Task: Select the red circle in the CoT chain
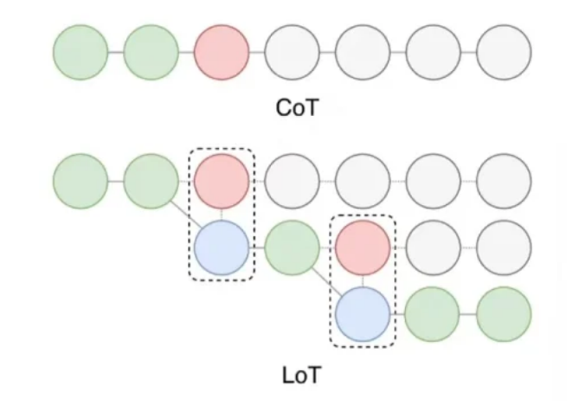[222, 52]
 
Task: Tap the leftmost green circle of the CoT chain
[80, 52]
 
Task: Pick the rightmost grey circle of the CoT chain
[504, 52]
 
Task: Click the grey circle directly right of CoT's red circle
[292, 52]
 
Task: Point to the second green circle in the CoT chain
[151, 52]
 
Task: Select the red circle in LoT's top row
[222, 181]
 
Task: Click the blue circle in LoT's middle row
[222, 247]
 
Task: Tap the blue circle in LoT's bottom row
[363, 313]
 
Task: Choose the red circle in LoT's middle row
[363, 247]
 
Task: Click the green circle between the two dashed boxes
[292, 247]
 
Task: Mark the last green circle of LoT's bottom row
[504, 313]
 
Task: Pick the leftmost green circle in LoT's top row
[80, 181]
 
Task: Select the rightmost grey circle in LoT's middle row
[504, 247]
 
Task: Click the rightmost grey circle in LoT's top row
[504, 181]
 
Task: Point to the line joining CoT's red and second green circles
[186, 52]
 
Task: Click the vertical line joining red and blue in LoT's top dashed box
[222, 214]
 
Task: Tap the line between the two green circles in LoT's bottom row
[468, 313]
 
